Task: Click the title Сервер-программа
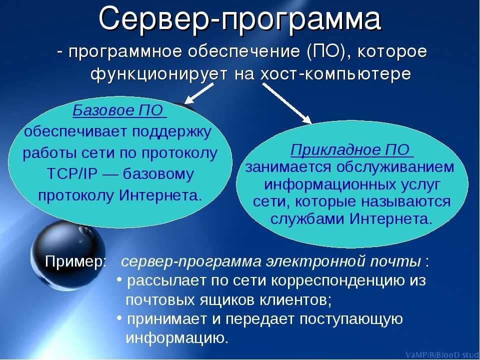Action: (239, 18)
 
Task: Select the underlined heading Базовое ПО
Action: (119, 110)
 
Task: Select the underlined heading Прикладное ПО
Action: (351, 150)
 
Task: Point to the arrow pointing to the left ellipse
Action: (199, 93)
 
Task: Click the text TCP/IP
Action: (72, 174)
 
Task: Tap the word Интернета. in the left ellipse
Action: (160, 195)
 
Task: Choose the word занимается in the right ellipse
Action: (288, 167)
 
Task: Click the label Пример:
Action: (75, 262)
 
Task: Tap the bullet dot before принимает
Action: (119, 318)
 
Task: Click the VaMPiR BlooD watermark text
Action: (442, 355)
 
